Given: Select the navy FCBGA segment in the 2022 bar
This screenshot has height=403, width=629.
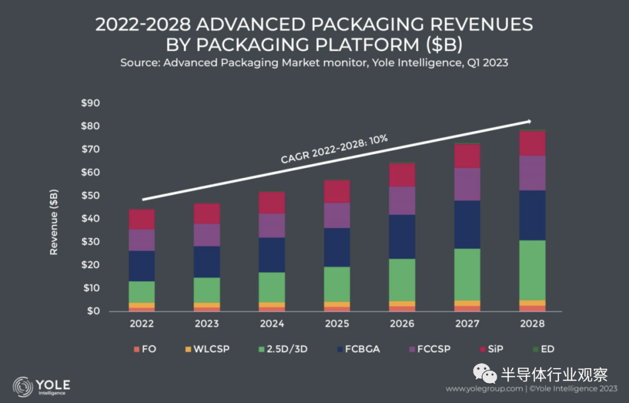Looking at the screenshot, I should (142, 266).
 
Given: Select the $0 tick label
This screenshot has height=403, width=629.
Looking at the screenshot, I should (94, 312).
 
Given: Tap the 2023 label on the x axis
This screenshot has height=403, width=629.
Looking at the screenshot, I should (206, 324).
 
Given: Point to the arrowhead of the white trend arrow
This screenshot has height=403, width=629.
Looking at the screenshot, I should (529, 121).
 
